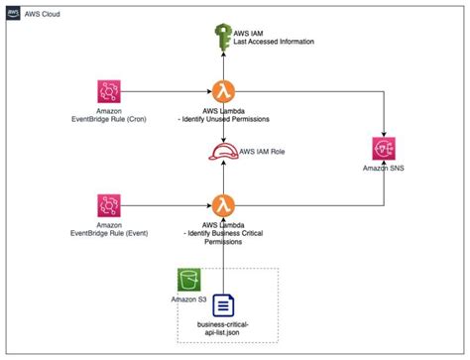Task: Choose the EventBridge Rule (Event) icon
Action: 110,206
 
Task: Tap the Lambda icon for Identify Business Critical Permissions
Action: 224,206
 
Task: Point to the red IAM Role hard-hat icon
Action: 224,151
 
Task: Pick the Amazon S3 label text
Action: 190,299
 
